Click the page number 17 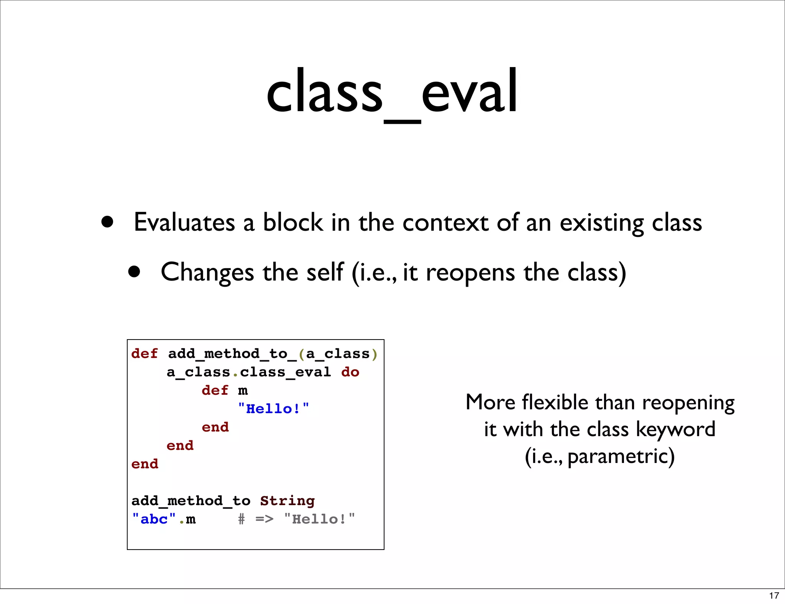(x=774, y=596)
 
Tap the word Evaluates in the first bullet (x=184, y=222)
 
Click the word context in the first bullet (x=445, y=222)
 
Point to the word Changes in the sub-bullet (x=207, y=272)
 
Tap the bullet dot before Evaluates (x=107, y=222)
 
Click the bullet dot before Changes (x=134, y=272)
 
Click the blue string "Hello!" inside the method (x=273, y=409)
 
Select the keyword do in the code (x=350, y=372)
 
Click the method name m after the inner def (x=243, y=391)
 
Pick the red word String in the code (x=287, y=501)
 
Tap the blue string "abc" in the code (x=154, y=519)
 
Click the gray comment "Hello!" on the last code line (x=319, y=519)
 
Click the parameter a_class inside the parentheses (x=337, y=353)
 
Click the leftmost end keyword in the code (x=145, y=464)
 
